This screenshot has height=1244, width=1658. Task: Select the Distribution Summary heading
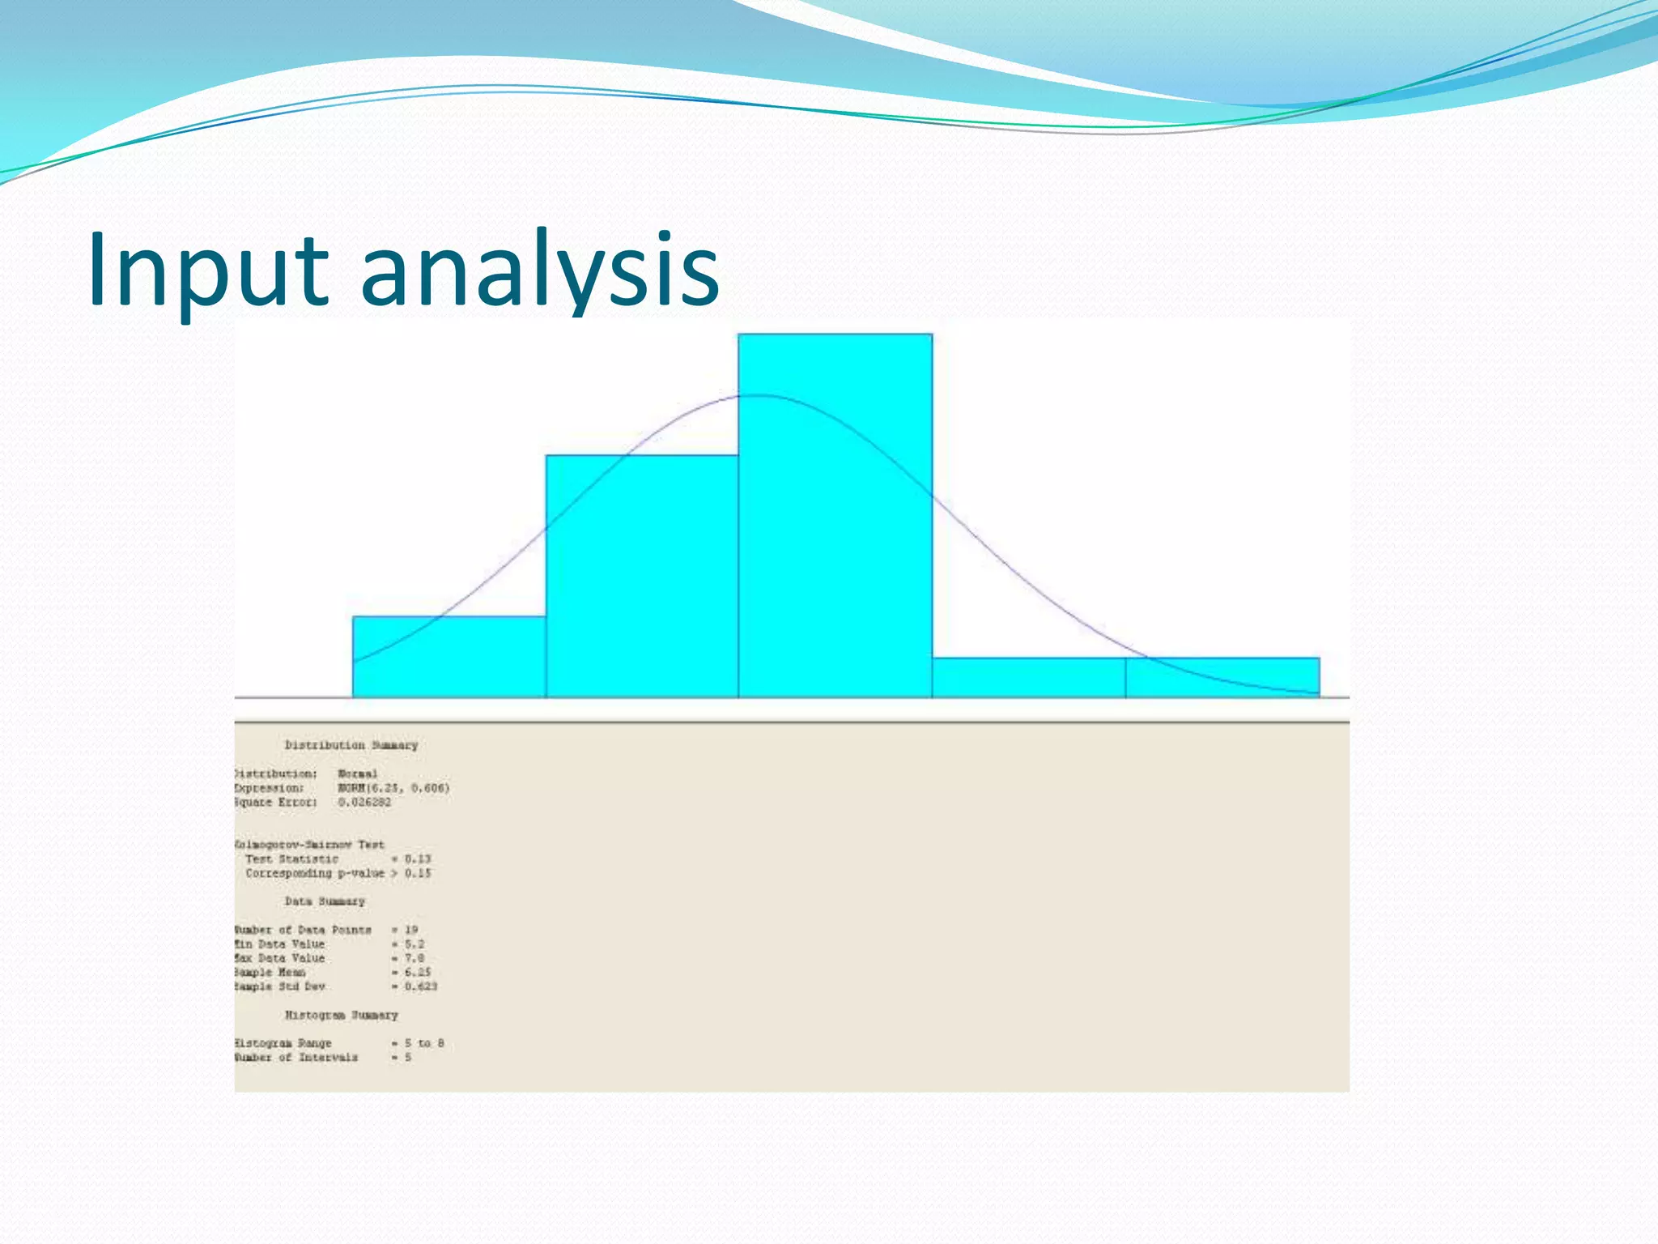tap(351, 745)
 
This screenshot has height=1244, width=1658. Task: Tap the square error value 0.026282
tap(364, 802)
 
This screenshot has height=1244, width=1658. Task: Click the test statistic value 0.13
tap(418, 858)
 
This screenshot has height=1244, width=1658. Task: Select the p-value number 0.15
tap(418, 873)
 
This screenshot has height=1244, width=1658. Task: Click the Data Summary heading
tap(324, 901)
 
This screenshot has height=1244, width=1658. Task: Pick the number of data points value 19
tap(411, 930)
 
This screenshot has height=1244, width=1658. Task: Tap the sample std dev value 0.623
tap(421, 986)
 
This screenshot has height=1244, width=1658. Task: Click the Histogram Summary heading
tap(341, 1015)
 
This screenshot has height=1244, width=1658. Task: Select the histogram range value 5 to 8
tap(424, 1043)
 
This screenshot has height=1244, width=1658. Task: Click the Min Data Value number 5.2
tap(414, 944)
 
